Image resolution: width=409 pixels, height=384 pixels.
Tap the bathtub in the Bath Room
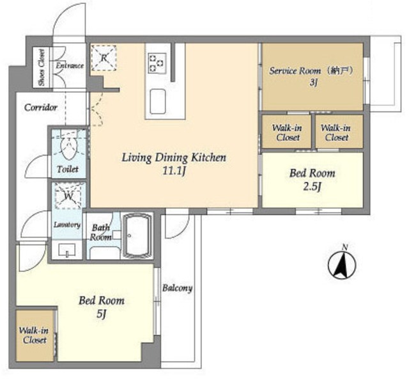tap(137, 236)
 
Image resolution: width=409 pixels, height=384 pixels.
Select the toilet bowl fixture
tap(69, 147)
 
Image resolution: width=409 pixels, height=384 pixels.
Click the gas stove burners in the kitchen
tap(157, 63)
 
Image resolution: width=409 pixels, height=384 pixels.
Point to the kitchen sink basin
tap(158, 102)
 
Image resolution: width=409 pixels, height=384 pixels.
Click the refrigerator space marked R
tap(104, 58)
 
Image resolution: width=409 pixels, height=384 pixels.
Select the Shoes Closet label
tap(42, 67)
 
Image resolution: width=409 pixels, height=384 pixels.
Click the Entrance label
tap(70, 65)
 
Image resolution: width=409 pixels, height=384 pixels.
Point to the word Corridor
tap(41, 108)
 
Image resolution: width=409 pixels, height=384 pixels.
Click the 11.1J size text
tap(174, 171)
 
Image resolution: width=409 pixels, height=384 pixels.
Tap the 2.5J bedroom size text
tap(313, 187)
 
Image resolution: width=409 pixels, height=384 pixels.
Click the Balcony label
tap(178, 288)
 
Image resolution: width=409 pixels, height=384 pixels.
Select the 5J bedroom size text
tap(101, 314)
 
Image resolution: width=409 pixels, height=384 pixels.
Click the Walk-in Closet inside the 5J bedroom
tap(34, 335)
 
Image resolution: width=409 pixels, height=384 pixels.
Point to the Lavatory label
tap(67, 225)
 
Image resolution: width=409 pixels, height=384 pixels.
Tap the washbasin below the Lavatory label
tap(67, 250)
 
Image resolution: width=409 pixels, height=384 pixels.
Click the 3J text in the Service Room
tap(313, 83)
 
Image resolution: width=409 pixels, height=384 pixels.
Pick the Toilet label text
tap(68, 169)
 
